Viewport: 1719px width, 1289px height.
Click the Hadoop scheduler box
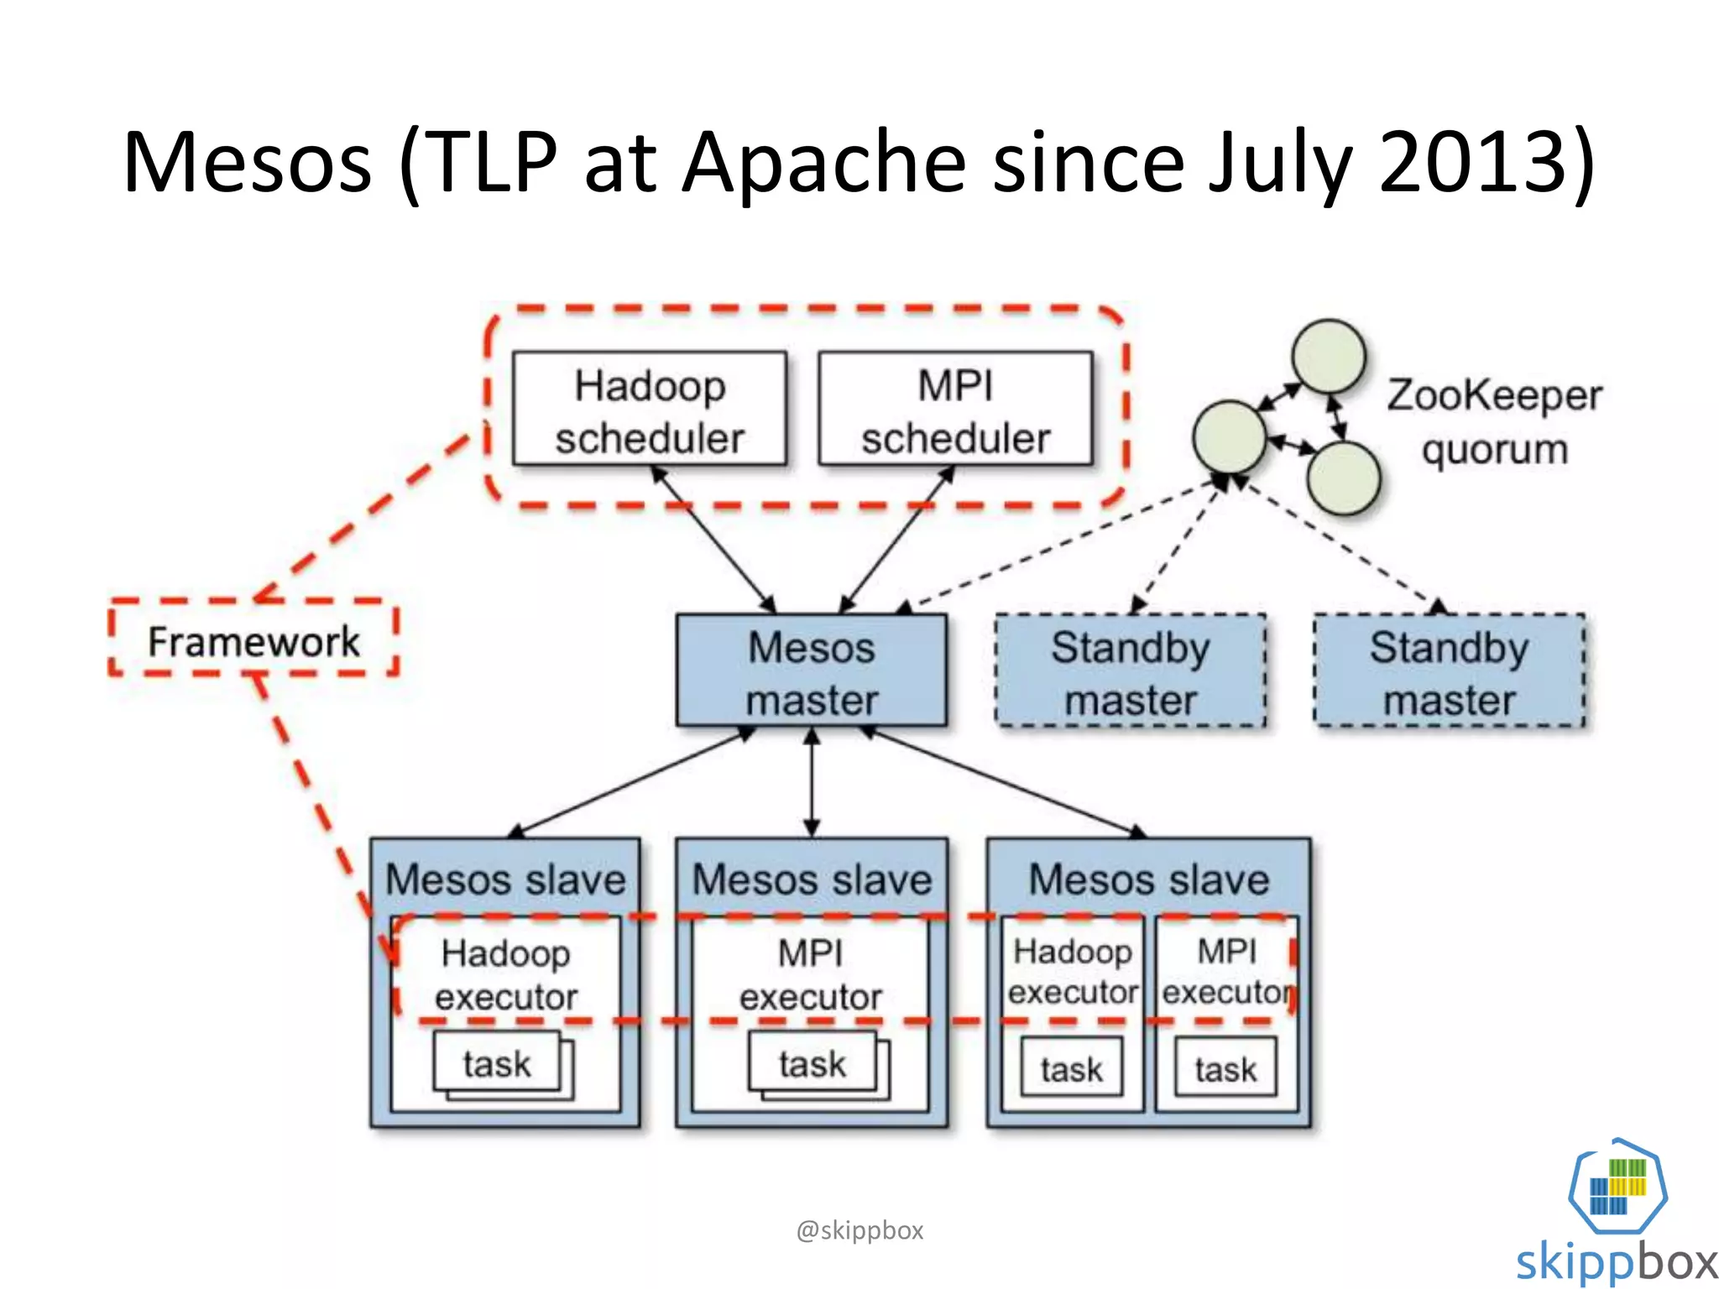pyautogui.click(x=649, y=409)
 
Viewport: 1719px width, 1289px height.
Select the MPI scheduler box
pyautogui.click(x=955, y=409)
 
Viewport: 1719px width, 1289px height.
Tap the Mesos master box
pyautogui.click(x=812, y=671)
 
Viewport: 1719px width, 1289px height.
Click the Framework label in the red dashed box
pyautogui.click(x=253, y=641)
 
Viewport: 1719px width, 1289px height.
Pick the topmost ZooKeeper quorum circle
pyautogui.click(x=1329, y=356)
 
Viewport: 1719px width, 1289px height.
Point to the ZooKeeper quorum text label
pyautogui.click(x=1494, y=422)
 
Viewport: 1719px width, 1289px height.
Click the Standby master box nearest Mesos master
pyautogui.click(x=1130, y=671)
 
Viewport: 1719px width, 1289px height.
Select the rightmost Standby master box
pyautogui.click(x=1449, y=671)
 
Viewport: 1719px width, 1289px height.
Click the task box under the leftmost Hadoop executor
pyautogui.click(x=497, y=1063)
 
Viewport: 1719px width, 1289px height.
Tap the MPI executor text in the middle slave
pyautogui.click(x=810, y=975)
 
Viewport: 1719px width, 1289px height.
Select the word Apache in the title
pyautogui.click(x=823, y=161)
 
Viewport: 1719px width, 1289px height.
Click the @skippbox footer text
pyautogui.click(x=859, y=1230)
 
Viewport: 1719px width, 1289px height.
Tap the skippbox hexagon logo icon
pyautogui.click(x=1617, y=1186)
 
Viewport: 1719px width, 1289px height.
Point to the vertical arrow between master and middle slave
pyautogui.click(x=812, y=782)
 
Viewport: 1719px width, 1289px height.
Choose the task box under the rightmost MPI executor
pyautogui.click(x=1225, y=1067)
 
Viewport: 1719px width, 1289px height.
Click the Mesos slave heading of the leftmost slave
pyautogui.click(x=505, y=879)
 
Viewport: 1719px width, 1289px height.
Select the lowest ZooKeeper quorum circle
pyautogui.click(x=1343, y=478)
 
